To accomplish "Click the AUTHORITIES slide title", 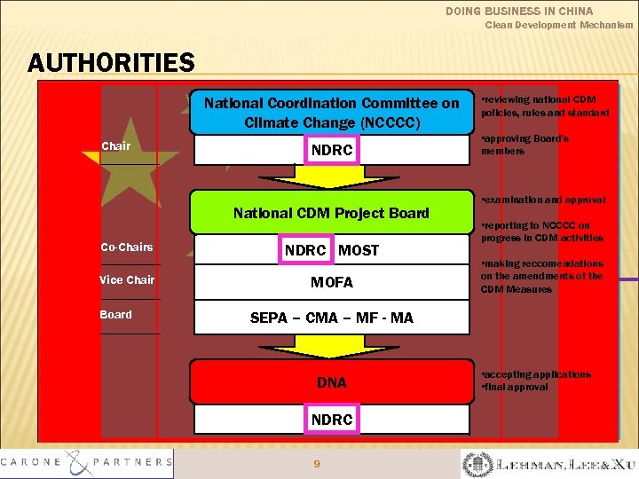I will pos(111,63).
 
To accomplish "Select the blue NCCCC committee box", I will pos(332,112).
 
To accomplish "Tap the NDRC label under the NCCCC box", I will pos(332,151).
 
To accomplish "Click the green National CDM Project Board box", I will pos(331,213).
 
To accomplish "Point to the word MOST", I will pos(359,250).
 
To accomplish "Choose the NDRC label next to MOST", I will pos(305,250).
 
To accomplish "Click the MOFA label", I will pos(332,283).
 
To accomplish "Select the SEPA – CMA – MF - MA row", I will pos(332,318).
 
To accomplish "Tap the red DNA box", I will pos(332,382).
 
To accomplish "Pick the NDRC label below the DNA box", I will pos(332,419).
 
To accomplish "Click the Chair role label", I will pos(115,145).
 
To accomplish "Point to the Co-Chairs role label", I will pos(127,247).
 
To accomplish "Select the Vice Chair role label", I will pos(127,280).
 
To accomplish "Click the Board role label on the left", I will pos(115,315).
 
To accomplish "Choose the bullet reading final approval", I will pos(516,388).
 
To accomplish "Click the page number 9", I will pos(317,463).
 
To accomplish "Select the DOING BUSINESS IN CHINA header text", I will pos(519,11).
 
